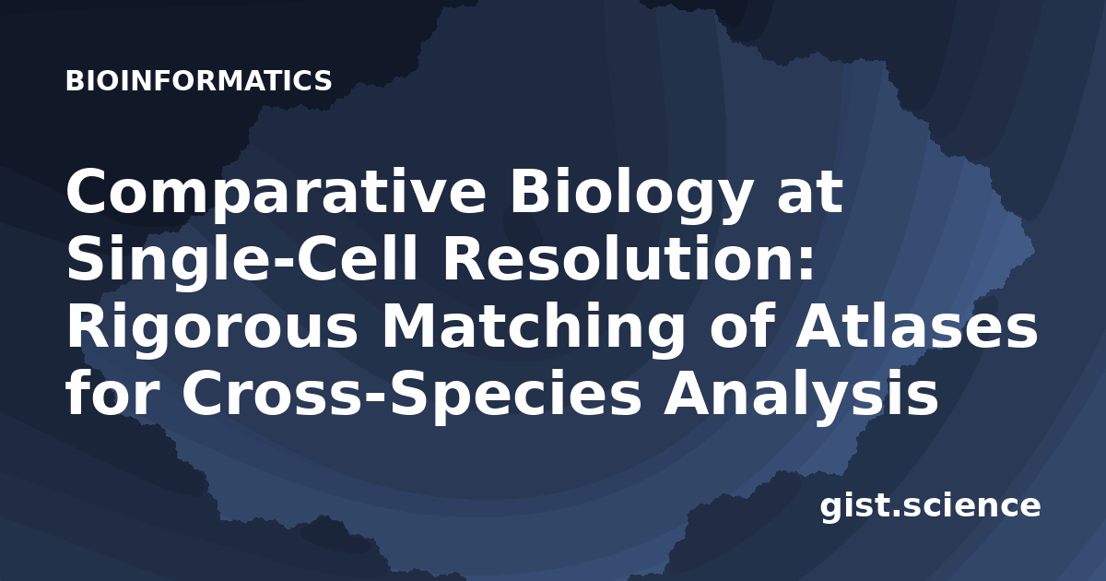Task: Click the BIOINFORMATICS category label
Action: (198, 81)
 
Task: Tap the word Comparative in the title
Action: (276, 192)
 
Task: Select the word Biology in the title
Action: (631, 192)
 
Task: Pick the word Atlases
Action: (917, 324)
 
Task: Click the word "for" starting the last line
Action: (113, 392)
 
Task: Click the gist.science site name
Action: (930, 507)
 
